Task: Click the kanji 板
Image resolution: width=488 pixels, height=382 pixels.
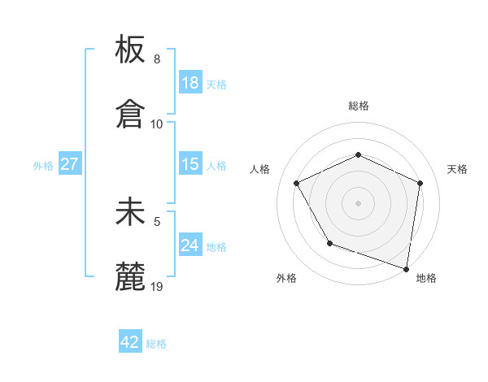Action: pyautogui.click(x=130, y=50)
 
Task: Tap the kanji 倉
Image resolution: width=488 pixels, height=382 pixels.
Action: pyautogui.click(x=130, y=114)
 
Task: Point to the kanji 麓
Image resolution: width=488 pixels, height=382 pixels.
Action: pyautogui.click(x=130, y=276)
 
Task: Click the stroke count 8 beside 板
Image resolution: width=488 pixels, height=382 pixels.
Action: pyautogui.click(x=157, y=59)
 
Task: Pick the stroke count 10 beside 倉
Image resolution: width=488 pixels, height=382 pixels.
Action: pyautogui.click(x=157, y=124)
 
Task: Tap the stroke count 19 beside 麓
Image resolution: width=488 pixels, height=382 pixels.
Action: pyautogui.click(x=157, y=286)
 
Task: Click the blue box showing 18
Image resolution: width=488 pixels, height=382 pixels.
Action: pyautogui.click(x=190, y=83)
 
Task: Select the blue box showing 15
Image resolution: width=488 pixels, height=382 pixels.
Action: pyautogui.click(x=190, y=164)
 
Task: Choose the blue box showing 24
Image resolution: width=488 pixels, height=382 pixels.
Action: pyautogui.click(x=190, y=245)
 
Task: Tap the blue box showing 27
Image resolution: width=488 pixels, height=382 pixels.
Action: pyautogui.click(x=69, y=164)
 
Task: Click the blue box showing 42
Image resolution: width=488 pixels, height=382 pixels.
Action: pyautogui.click(x=130, y=342)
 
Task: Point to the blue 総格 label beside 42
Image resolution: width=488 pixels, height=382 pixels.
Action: pyautogui.click(x=156, y=344)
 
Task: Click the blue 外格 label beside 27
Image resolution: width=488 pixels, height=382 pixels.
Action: pyautogui.click(x=43, y=166)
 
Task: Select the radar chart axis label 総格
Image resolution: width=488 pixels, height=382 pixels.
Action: pyautogui.click(x=358, y=106)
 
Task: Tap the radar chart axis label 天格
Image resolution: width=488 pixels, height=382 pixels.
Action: pyautogui.click(x=457, y=169)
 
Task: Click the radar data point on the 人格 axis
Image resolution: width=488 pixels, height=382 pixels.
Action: pyautogui.click(x=297, y=183)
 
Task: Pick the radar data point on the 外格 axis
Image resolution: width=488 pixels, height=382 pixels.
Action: pyautogui.click(x=329, y=243)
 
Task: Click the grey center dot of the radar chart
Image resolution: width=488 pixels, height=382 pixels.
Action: pyautogui.click(x=358, y=202)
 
